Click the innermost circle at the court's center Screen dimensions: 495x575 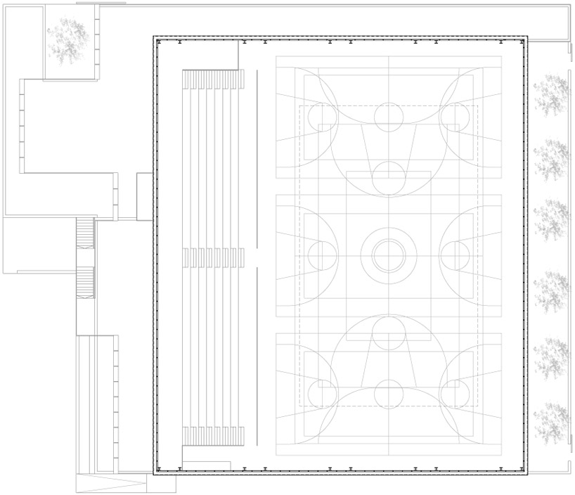(388, 255)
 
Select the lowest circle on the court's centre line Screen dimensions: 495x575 (388, 394)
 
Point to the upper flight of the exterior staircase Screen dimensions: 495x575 (85, 233)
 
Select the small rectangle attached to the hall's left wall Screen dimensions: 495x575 (144, 196)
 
